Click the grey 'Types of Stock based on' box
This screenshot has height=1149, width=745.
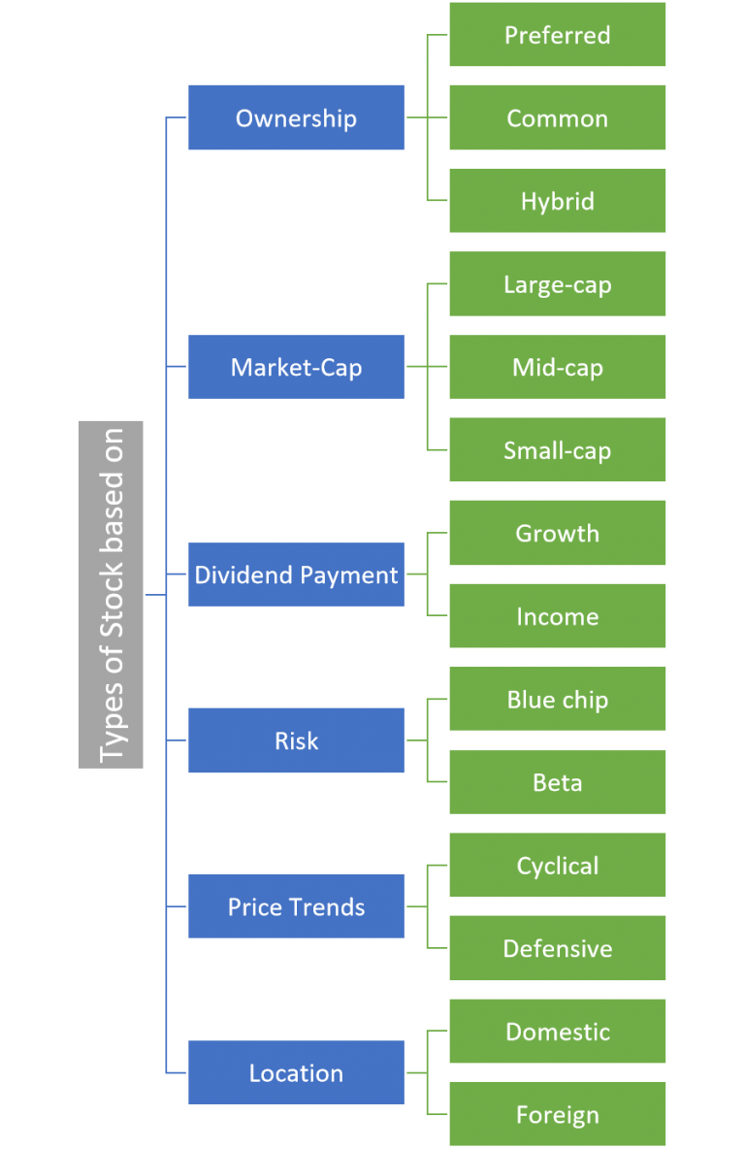[112, 595]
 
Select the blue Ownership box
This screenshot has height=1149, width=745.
[296, 117]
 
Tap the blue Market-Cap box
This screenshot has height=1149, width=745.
[296, 367]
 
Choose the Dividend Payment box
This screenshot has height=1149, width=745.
[296, 574]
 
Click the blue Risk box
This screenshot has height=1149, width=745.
[296, 740]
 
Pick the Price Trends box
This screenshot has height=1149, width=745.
[296, 906]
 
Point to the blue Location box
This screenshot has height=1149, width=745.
[296, 1072]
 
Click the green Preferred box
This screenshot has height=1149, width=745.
[557, 35]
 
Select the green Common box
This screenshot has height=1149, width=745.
[557, 117]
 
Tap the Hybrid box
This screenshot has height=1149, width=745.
[557, 201]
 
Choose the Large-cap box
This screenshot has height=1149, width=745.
[557, 284]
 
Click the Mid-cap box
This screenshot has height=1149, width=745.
[557, 367]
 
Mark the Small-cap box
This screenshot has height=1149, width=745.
[557, 450]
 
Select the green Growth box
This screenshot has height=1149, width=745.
[557, 533]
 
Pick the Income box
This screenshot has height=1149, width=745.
[557, 616]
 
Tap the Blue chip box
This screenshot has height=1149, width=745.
[557, 700]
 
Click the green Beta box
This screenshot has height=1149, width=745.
[557, 782]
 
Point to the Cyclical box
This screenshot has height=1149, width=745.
[557, 866]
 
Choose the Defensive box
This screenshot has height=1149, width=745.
[557, 948]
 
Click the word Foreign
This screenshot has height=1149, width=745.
[557, 1115]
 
